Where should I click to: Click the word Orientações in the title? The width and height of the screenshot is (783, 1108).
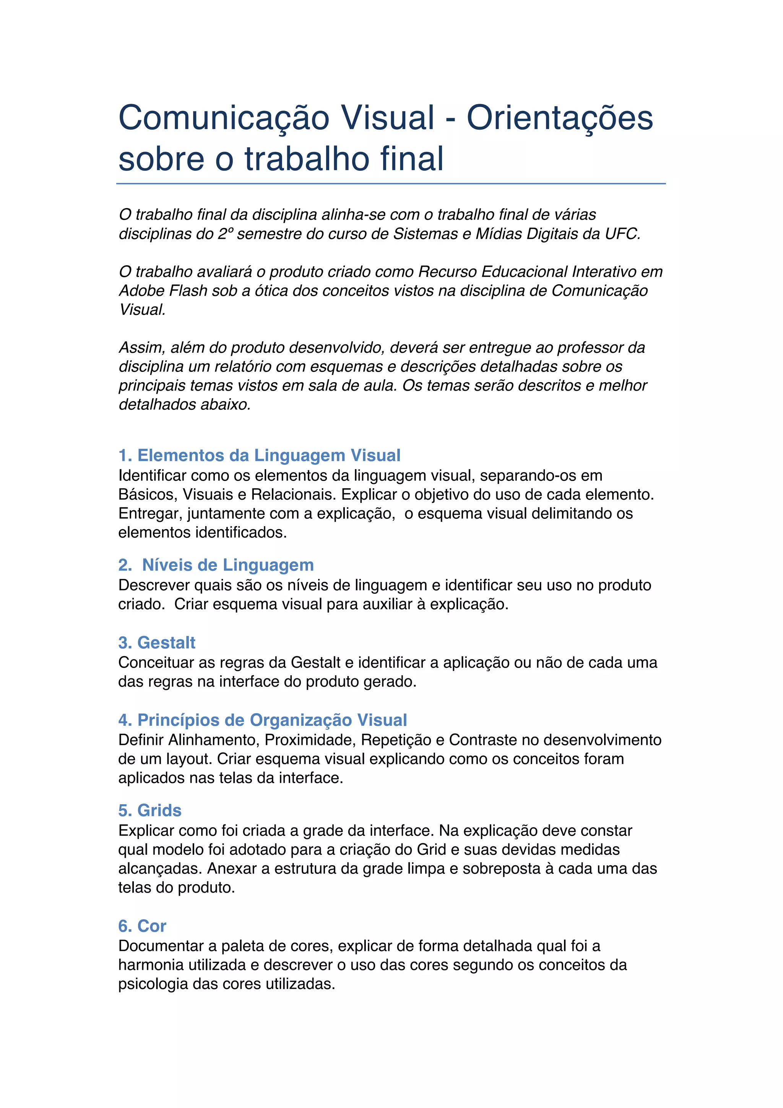(559, 118)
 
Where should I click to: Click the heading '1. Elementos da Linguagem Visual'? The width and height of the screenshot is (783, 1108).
(259, 455)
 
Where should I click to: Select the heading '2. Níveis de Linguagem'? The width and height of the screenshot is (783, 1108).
(216, 565)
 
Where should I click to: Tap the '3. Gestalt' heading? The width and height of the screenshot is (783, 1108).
(157, 642)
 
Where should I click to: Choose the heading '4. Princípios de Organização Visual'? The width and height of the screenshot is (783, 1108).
(263, 720)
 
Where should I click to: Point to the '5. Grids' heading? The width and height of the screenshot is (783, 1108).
(150, 810)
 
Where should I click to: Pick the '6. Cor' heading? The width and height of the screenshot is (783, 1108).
(142, 926)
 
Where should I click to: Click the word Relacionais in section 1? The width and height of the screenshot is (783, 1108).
(294, 495)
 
